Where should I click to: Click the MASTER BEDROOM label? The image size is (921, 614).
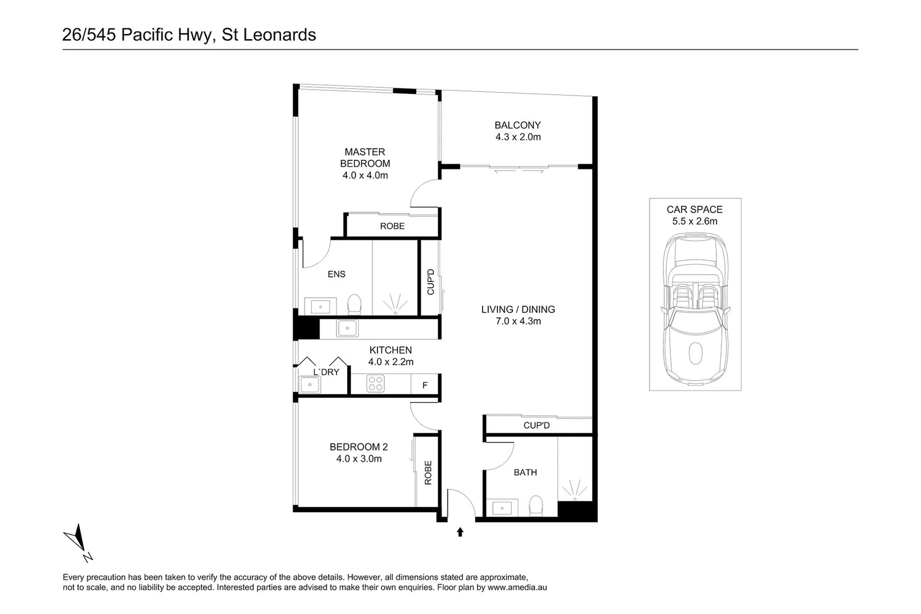click(365, 157)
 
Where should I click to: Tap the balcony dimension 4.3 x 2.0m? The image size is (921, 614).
click(518, 137)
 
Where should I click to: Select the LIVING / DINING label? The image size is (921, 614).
click(518, 309)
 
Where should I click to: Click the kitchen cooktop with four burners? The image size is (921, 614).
click(375, 383)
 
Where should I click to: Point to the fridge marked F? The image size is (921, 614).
click(425, 385)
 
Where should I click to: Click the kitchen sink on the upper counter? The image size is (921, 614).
click(347, 328)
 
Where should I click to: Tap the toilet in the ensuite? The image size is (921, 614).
click(354, 305)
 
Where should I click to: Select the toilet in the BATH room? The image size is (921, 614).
click(536, 506)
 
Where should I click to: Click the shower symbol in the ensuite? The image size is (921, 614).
click(396, 304)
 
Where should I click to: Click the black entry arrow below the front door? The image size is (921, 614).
click(460, 532)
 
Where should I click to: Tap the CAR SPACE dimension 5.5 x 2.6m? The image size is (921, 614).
click(695, 222)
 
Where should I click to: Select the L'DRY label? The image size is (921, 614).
click(326, 372)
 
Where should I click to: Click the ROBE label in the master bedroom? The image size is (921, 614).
click(392, 226)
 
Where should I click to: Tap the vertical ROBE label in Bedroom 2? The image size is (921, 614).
click(428, 472)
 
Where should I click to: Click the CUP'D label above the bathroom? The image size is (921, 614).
click(536, 425)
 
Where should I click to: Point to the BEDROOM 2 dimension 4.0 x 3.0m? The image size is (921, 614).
click(359, 459)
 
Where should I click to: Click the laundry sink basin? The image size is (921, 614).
click(310, 385)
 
